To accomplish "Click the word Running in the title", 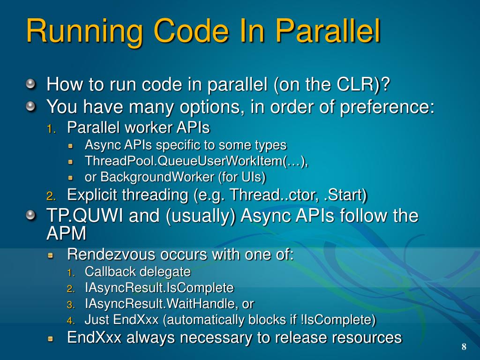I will (x=84, y=31).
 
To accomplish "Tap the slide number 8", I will (x=464, y=347).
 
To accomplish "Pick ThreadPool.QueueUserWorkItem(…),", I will (x=196, y=161).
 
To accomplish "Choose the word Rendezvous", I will (x=112, y=255).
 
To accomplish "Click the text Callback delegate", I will (x=138, y=271).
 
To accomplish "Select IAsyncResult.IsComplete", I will (x=159, y=287).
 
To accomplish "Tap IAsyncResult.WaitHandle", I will (x=161, y=304).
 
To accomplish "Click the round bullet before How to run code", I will (x=30, y=85).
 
